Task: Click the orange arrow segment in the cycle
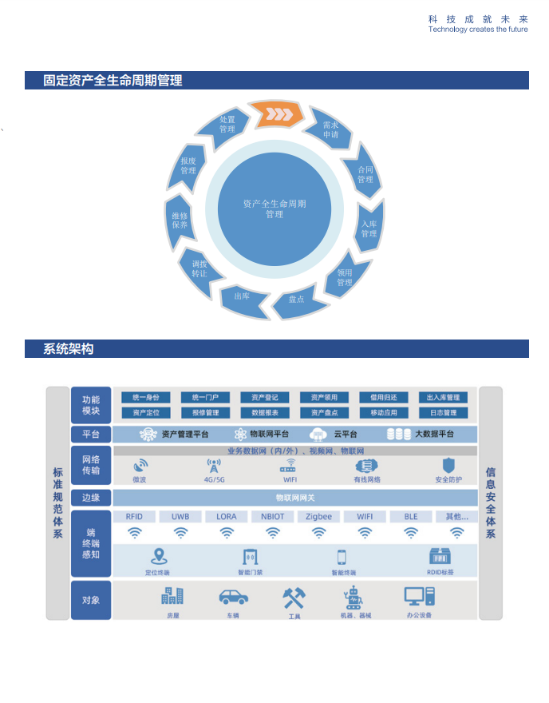275,114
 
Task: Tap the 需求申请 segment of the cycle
330,129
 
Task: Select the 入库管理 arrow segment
368,228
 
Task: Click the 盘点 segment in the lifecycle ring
297,299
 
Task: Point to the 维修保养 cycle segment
180,220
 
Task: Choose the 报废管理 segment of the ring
188,165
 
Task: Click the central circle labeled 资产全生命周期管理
274,209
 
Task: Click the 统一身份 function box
146,397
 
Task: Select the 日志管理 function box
443,413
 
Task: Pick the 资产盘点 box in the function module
324,413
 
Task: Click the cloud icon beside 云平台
318,435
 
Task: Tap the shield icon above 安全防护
448,465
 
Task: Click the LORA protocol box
227,517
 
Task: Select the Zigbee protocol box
319,517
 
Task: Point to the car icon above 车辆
233,597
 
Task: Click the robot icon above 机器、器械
353,597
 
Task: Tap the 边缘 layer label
90,497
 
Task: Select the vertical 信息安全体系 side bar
490,503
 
